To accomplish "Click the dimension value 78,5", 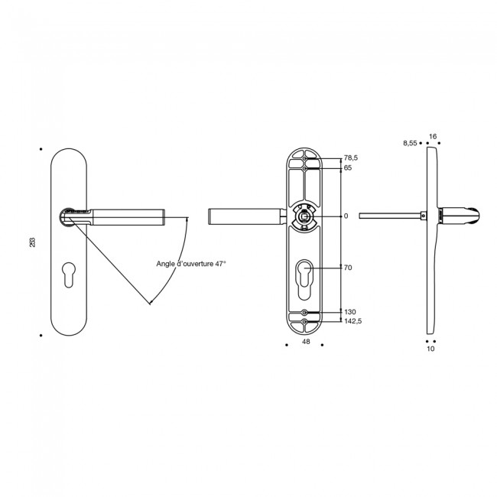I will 351,158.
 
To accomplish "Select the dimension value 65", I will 348,167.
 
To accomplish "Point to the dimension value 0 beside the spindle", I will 346,216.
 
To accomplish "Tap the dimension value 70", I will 348,268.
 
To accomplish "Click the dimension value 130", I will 349,313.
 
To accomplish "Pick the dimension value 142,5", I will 352,323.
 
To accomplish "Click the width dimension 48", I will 305,343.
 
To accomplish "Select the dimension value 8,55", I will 409,143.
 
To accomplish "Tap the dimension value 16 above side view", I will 433,136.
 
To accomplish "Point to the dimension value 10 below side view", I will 430,349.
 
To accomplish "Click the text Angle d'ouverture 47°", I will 190,264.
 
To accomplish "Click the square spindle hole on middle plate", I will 305,216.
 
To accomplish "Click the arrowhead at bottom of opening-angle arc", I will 151,303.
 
